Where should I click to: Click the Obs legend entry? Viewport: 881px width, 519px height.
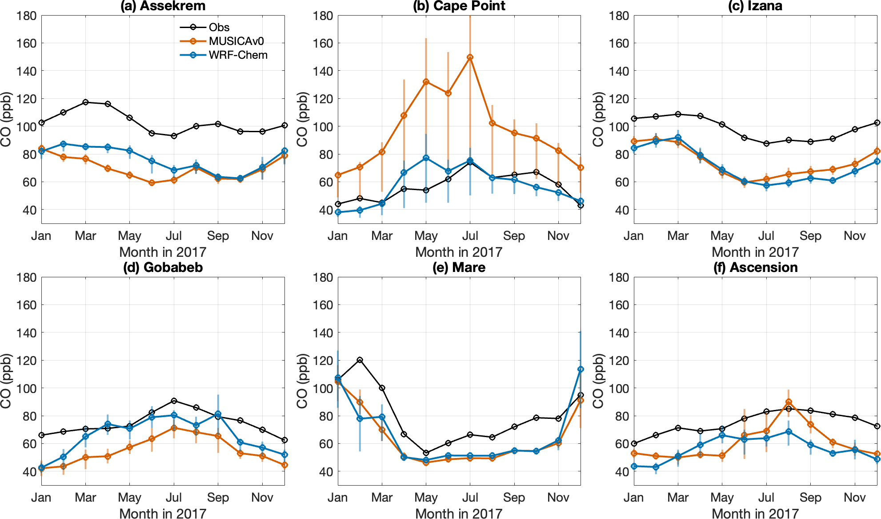tap(219, 27)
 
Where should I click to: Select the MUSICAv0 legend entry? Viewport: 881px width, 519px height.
tap(236, 41)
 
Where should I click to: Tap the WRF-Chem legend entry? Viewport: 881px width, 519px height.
tap(238, 55)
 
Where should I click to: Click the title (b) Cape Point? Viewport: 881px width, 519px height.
tap(459, 6)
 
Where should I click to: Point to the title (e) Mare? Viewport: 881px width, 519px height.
tap(459, 268)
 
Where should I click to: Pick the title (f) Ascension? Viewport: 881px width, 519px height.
tap(755, 268)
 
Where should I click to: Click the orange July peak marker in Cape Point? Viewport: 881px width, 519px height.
tap(470, 57)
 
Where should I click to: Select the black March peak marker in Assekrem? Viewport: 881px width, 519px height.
tap(85, 102)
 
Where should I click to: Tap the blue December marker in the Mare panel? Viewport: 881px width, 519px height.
tap(581, 369)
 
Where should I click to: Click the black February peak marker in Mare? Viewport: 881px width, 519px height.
tap(360, 360)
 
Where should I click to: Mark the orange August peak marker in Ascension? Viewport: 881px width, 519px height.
tap(789, 402)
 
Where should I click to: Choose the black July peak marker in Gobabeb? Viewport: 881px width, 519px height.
tap(174, 401)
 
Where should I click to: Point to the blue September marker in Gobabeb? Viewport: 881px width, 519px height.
tap(218, 414)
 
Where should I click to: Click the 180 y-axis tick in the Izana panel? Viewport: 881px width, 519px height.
tap(619, 16)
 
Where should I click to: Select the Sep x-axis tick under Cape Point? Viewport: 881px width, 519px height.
tap(514, 236)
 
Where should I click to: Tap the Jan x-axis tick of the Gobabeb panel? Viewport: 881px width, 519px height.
tap(41, 498)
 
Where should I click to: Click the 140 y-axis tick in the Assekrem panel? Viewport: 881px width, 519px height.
tap(27, 71)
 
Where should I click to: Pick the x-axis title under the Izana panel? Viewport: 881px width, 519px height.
tap(755, 252)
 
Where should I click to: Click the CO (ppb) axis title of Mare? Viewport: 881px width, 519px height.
tap(302, 381)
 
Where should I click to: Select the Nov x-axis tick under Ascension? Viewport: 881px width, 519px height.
tap(854, 498)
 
